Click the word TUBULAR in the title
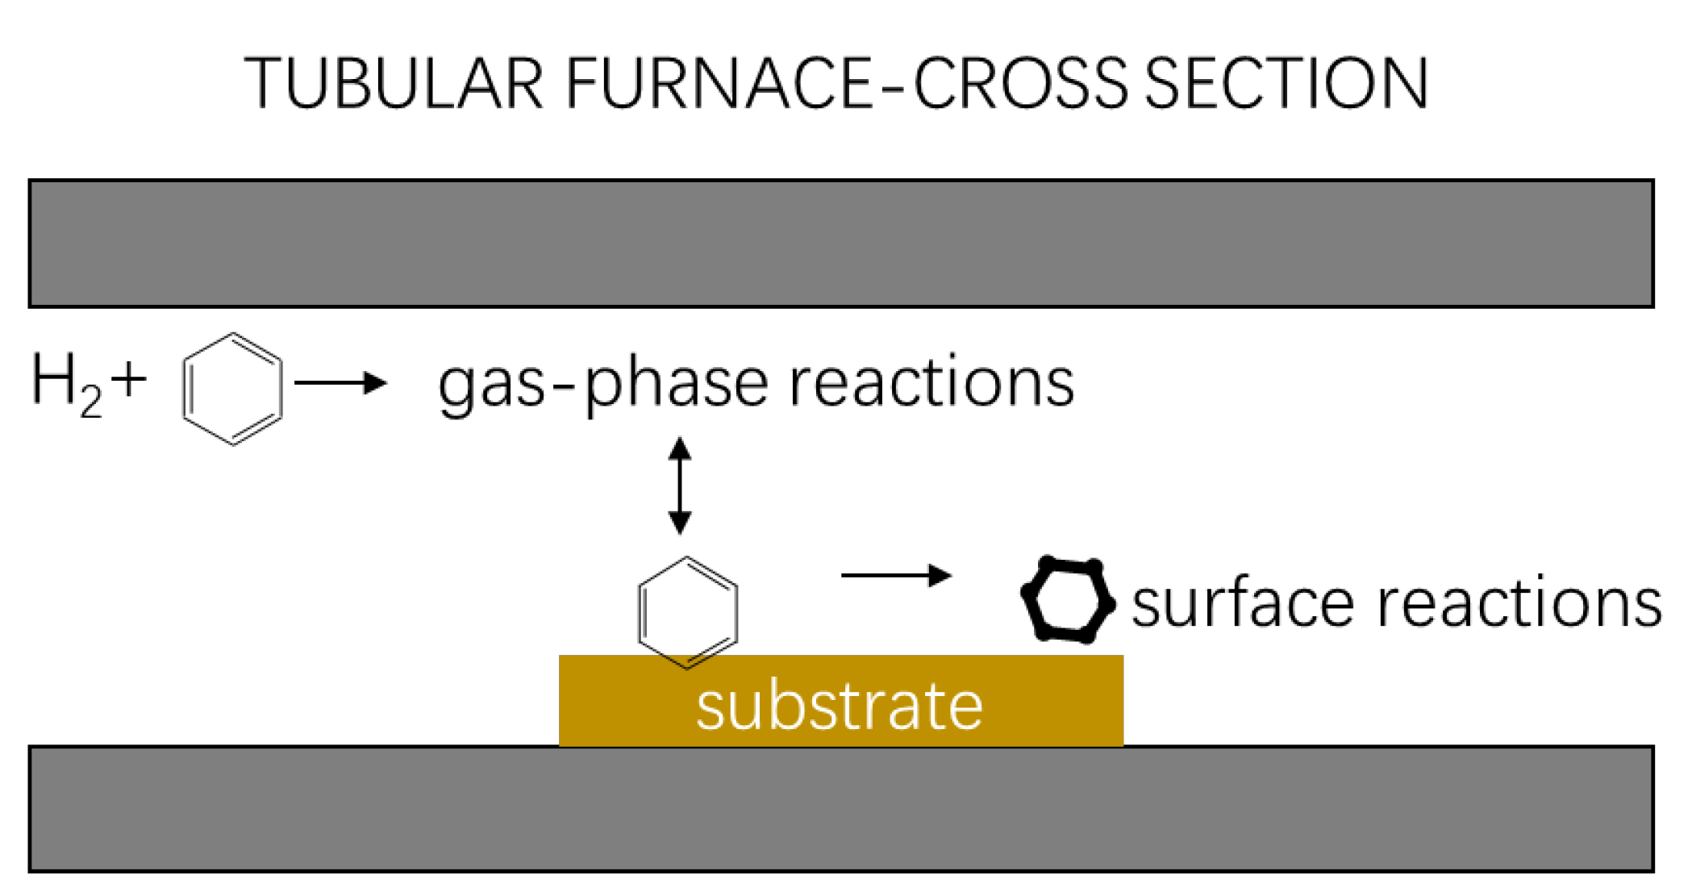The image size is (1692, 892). point(394,83)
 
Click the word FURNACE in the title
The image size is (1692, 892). point(718,83)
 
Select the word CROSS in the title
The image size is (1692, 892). point(1020,83)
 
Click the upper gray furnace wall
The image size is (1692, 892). point(841,244)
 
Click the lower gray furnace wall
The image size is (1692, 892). point(841,809)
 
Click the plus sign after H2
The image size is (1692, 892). point(129,379)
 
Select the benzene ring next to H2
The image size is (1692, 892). point(232,389)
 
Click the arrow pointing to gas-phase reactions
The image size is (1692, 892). point(340,382)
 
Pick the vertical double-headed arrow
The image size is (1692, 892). point(680,486)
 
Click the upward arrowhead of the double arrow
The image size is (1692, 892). point(680,448)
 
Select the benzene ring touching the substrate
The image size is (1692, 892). point(687,612)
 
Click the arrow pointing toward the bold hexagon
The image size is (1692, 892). point(895,575)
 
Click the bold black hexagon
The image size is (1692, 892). point(1068,600)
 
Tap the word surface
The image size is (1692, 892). point(1242,604)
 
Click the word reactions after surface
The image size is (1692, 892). point(1519,604)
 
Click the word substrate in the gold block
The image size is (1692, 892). point(840,707)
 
